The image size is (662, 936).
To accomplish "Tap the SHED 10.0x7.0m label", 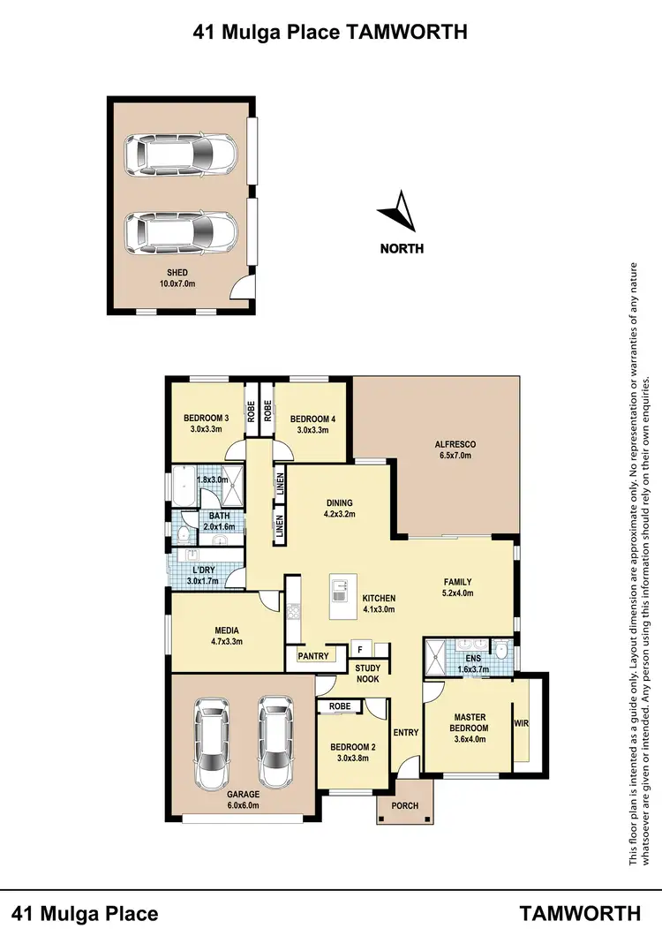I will [177, 279].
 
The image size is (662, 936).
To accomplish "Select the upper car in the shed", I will [181, 155].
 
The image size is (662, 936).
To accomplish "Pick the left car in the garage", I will [213, 744].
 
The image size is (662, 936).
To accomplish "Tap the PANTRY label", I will [313, 656].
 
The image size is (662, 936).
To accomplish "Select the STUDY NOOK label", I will [368, 675].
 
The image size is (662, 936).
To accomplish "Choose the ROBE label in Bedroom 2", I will [339, 707].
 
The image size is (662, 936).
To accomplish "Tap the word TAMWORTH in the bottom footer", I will [580, 913].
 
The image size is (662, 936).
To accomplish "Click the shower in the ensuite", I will [438, 654].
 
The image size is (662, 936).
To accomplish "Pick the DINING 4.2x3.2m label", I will [339, 509].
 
